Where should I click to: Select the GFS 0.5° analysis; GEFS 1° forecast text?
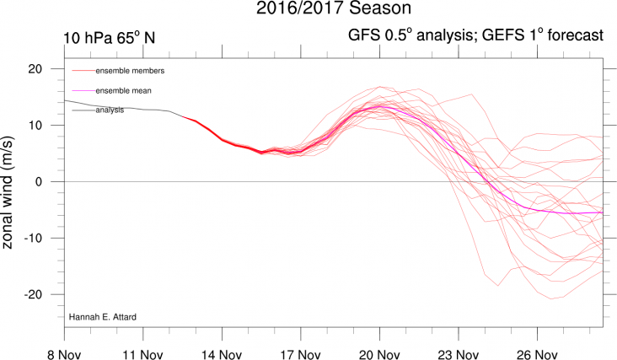pyautogui.click(x=475, y=36)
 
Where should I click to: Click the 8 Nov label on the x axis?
pyautogui.click(x=65, y=347)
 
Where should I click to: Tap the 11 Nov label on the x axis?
pyautogui.click(x=141, y=347)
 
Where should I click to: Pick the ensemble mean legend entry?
pyautogui.click(x=123, y=90)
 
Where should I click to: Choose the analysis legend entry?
pyautogui.click(x=110, y=110)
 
